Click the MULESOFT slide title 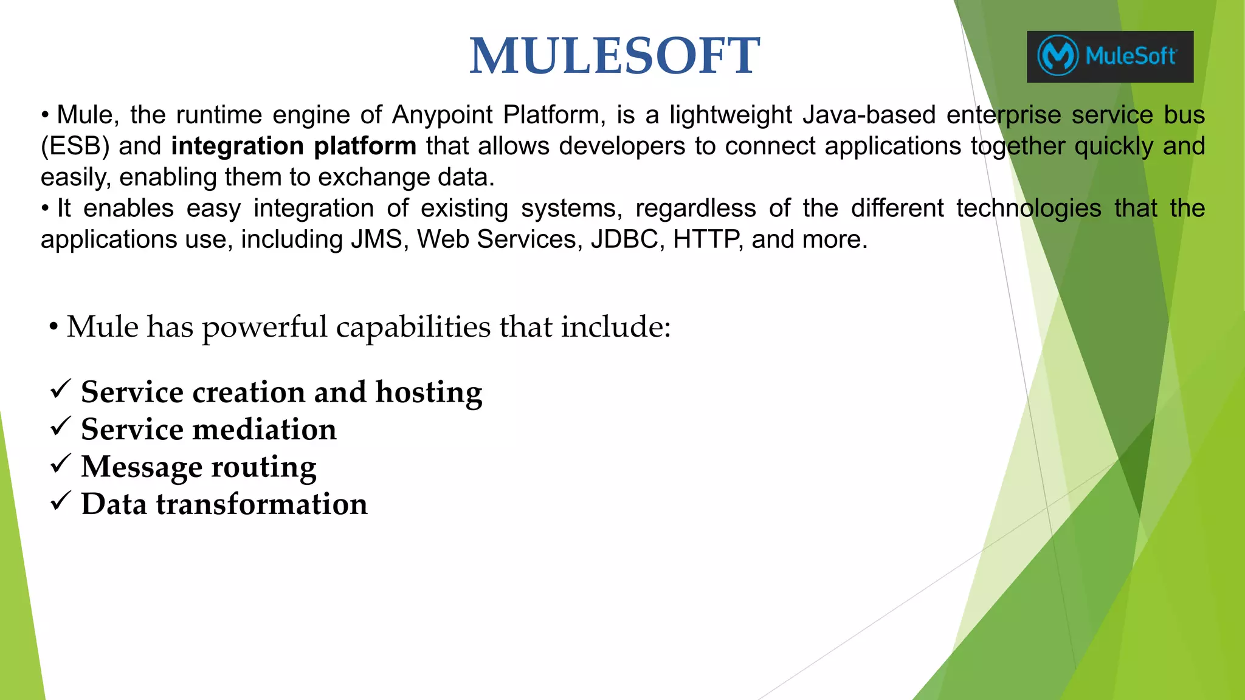coord(614,56)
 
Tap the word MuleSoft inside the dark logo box coord(1131,57)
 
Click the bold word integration coord(237,146)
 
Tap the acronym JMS coord(377,239)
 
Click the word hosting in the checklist coord(429,393)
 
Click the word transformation coord(261,504)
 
